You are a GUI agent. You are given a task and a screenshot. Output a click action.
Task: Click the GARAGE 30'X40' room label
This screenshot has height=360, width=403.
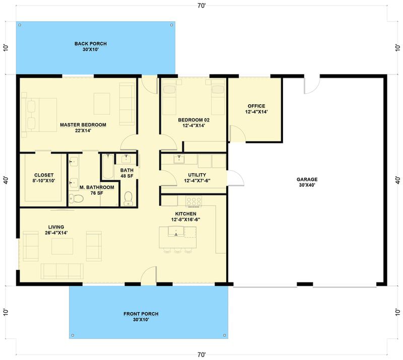[x=307, y=182]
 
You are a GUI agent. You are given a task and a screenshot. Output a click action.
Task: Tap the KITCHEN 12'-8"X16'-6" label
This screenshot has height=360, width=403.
[x=185, y=217]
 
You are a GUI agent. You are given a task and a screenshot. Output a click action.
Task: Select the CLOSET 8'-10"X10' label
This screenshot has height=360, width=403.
[x=44, y=178]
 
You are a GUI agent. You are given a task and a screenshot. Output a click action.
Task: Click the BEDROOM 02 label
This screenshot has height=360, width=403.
[x=193, y=123]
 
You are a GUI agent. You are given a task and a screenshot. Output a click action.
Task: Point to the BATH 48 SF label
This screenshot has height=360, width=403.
[x=127, y=173]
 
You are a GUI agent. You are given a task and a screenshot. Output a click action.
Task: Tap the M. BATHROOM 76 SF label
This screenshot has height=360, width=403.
[x=97, y=190]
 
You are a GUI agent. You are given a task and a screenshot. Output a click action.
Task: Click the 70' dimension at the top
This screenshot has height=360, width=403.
[x=201, y=6]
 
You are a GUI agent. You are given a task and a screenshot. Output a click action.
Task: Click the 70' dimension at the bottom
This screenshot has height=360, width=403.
[x=201, y=355]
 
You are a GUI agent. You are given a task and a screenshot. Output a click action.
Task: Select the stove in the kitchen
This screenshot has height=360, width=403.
[x=193, y=201]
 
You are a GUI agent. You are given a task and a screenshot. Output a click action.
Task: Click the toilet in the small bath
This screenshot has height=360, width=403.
[x=128, y=199]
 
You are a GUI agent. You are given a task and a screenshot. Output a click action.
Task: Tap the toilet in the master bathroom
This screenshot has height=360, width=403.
[x=77, y=198]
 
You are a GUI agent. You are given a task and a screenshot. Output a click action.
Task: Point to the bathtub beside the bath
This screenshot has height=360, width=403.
[x=108, y=166]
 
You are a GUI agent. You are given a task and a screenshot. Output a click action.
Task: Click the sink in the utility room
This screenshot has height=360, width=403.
[x=179, y=159]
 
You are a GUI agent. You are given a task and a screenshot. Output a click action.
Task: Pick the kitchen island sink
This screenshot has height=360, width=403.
[x=176, y=231]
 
